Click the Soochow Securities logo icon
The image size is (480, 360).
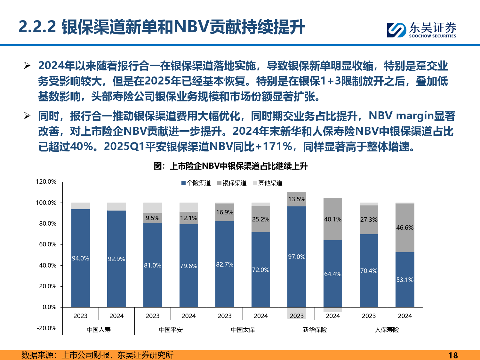(x=397, y=30)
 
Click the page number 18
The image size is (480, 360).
(x=453, y=355)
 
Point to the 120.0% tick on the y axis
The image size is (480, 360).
(x=46, y=182)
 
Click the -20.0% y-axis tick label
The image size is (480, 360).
(x=46, y=328)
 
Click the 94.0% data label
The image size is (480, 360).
(x=80, y=258)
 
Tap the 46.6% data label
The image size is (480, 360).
(x=405, y=228)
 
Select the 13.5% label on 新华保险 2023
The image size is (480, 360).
(x=297, y=199)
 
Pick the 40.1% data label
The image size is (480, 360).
(x=333, y=219)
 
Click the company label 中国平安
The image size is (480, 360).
(x=171, y=330)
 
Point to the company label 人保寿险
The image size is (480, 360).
(x=387, y=330)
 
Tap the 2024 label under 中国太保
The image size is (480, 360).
(x=260, y=316)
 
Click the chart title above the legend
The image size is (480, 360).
(x=230, y=166)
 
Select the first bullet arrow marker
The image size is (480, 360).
(x=27, y=66)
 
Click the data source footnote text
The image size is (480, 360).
(x=97, y=355)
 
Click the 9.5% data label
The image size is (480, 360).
(x=152, y=218)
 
